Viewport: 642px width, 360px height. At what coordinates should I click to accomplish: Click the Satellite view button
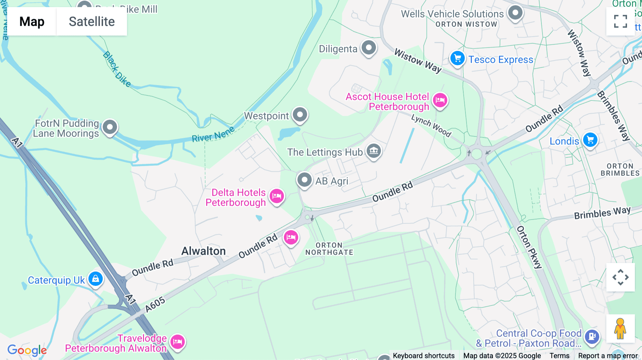coord(92,21)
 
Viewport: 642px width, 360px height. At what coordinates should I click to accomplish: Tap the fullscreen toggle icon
coord(620,21)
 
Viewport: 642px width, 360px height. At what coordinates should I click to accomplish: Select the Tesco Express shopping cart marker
coord(457,59)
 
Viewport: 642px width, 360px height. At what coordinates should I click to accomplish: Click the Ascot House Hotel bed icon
coord(440,101)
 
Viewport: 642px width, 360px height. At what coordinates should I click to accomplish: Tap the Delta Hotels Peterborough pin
coord(277,196)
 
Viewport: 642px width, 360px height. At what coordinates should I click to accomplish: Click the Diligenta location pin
coord(369,48)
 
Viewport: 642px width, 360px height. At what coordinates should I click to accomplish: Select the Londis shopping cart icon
coord(590,140)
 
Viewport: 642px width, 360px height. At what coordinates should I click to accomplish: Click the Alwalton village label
coord(204,251)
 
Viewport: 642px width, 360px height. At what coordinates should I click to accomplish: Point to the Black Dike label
coord(117,69)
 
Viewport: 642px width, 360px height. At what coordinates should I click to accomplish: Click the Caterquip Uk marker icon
coord(96,279)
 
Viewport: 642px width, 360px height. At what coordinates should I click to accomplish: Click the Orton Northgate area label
coord(329,249)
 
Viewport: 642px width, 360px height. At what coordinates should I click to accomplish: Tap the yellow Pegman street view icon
coord(620,329)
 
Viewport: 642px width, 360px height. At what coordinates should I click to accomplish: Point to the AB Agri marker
coord(305,180)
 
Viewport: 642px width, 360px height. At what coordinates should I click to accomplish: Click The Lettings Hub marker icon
coord(374,151)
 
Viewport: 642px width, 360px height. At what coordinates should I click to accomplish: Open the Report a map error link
coord(608,355)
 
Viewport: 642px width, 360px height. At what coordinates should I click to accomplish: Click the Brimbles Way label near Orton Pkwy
coord(602,213)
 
